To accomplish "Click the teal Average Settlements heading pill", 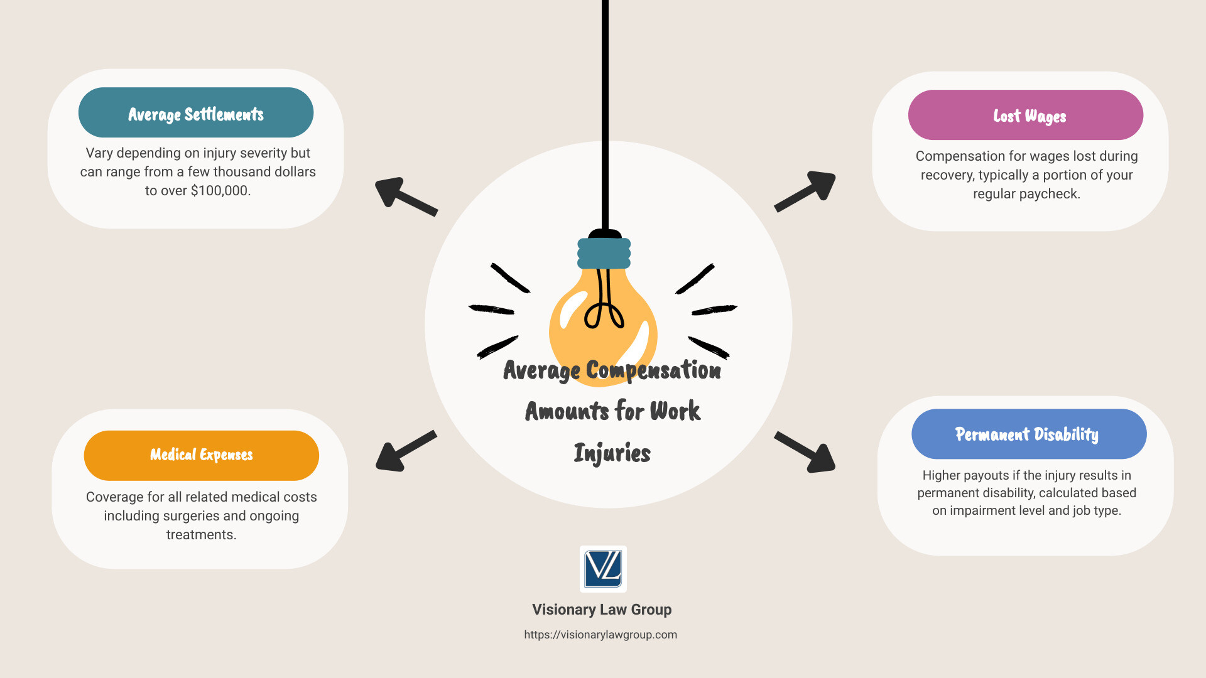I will point(196,113).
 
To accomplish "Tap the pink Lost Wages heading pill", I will point(1025,116).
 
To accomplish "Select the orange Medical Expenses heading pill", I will point(201,455).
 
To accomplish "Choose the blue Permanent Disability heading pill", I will point(1028,434).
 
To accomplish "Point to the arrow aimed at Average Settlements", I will point(405,196).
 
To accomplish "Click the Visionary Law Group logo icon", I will point(603,569).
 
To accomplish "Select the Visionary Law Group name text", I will point(602,610).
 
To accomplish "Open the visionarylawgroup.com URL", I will point(600,635).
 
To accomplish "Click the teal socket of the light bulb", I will point(604,254).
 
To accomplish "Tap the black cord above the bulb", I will point(605,113).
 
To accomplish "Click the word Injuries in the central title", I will point(612,453).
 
